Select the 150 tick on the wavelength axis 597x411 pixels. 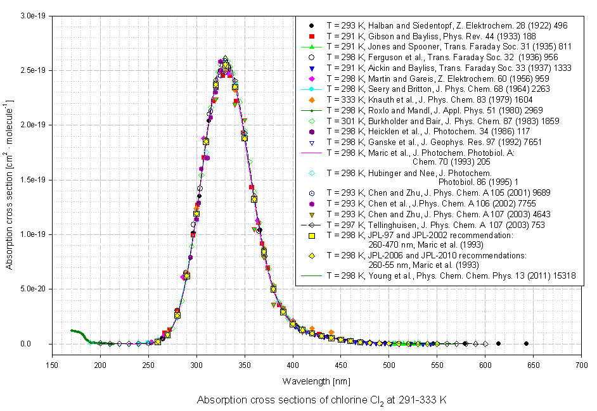pyautogui.click(x=52, y=366)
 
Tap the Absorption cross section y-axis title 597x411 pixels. pyautogui.click(x=10, y=179)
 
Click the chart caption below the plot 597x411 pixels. pyautogui.click(x=322, y=401)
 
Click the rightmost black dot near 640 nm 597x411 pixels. pyautogui.click(x=526, y=344)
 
